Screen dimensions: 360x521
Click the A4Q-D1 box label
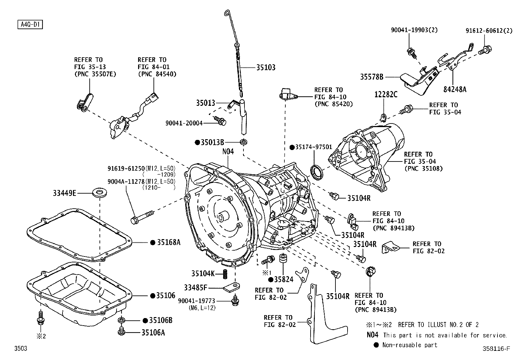pos(30,25)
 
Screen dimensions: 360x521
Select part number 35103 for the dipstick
pos(265,67)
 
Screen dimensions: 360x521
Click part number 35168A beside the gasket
pos(169,242)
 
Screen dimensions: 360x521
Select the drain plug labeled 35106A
pos(121,332)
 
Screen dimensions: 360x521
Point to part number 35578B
pos(371,77)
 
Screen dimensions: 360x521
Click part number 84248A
pos(455,89)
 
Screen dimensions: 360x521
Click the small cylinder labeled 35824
pos(283,257)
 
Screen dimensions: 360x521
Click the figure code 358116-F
pos(496,349)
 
